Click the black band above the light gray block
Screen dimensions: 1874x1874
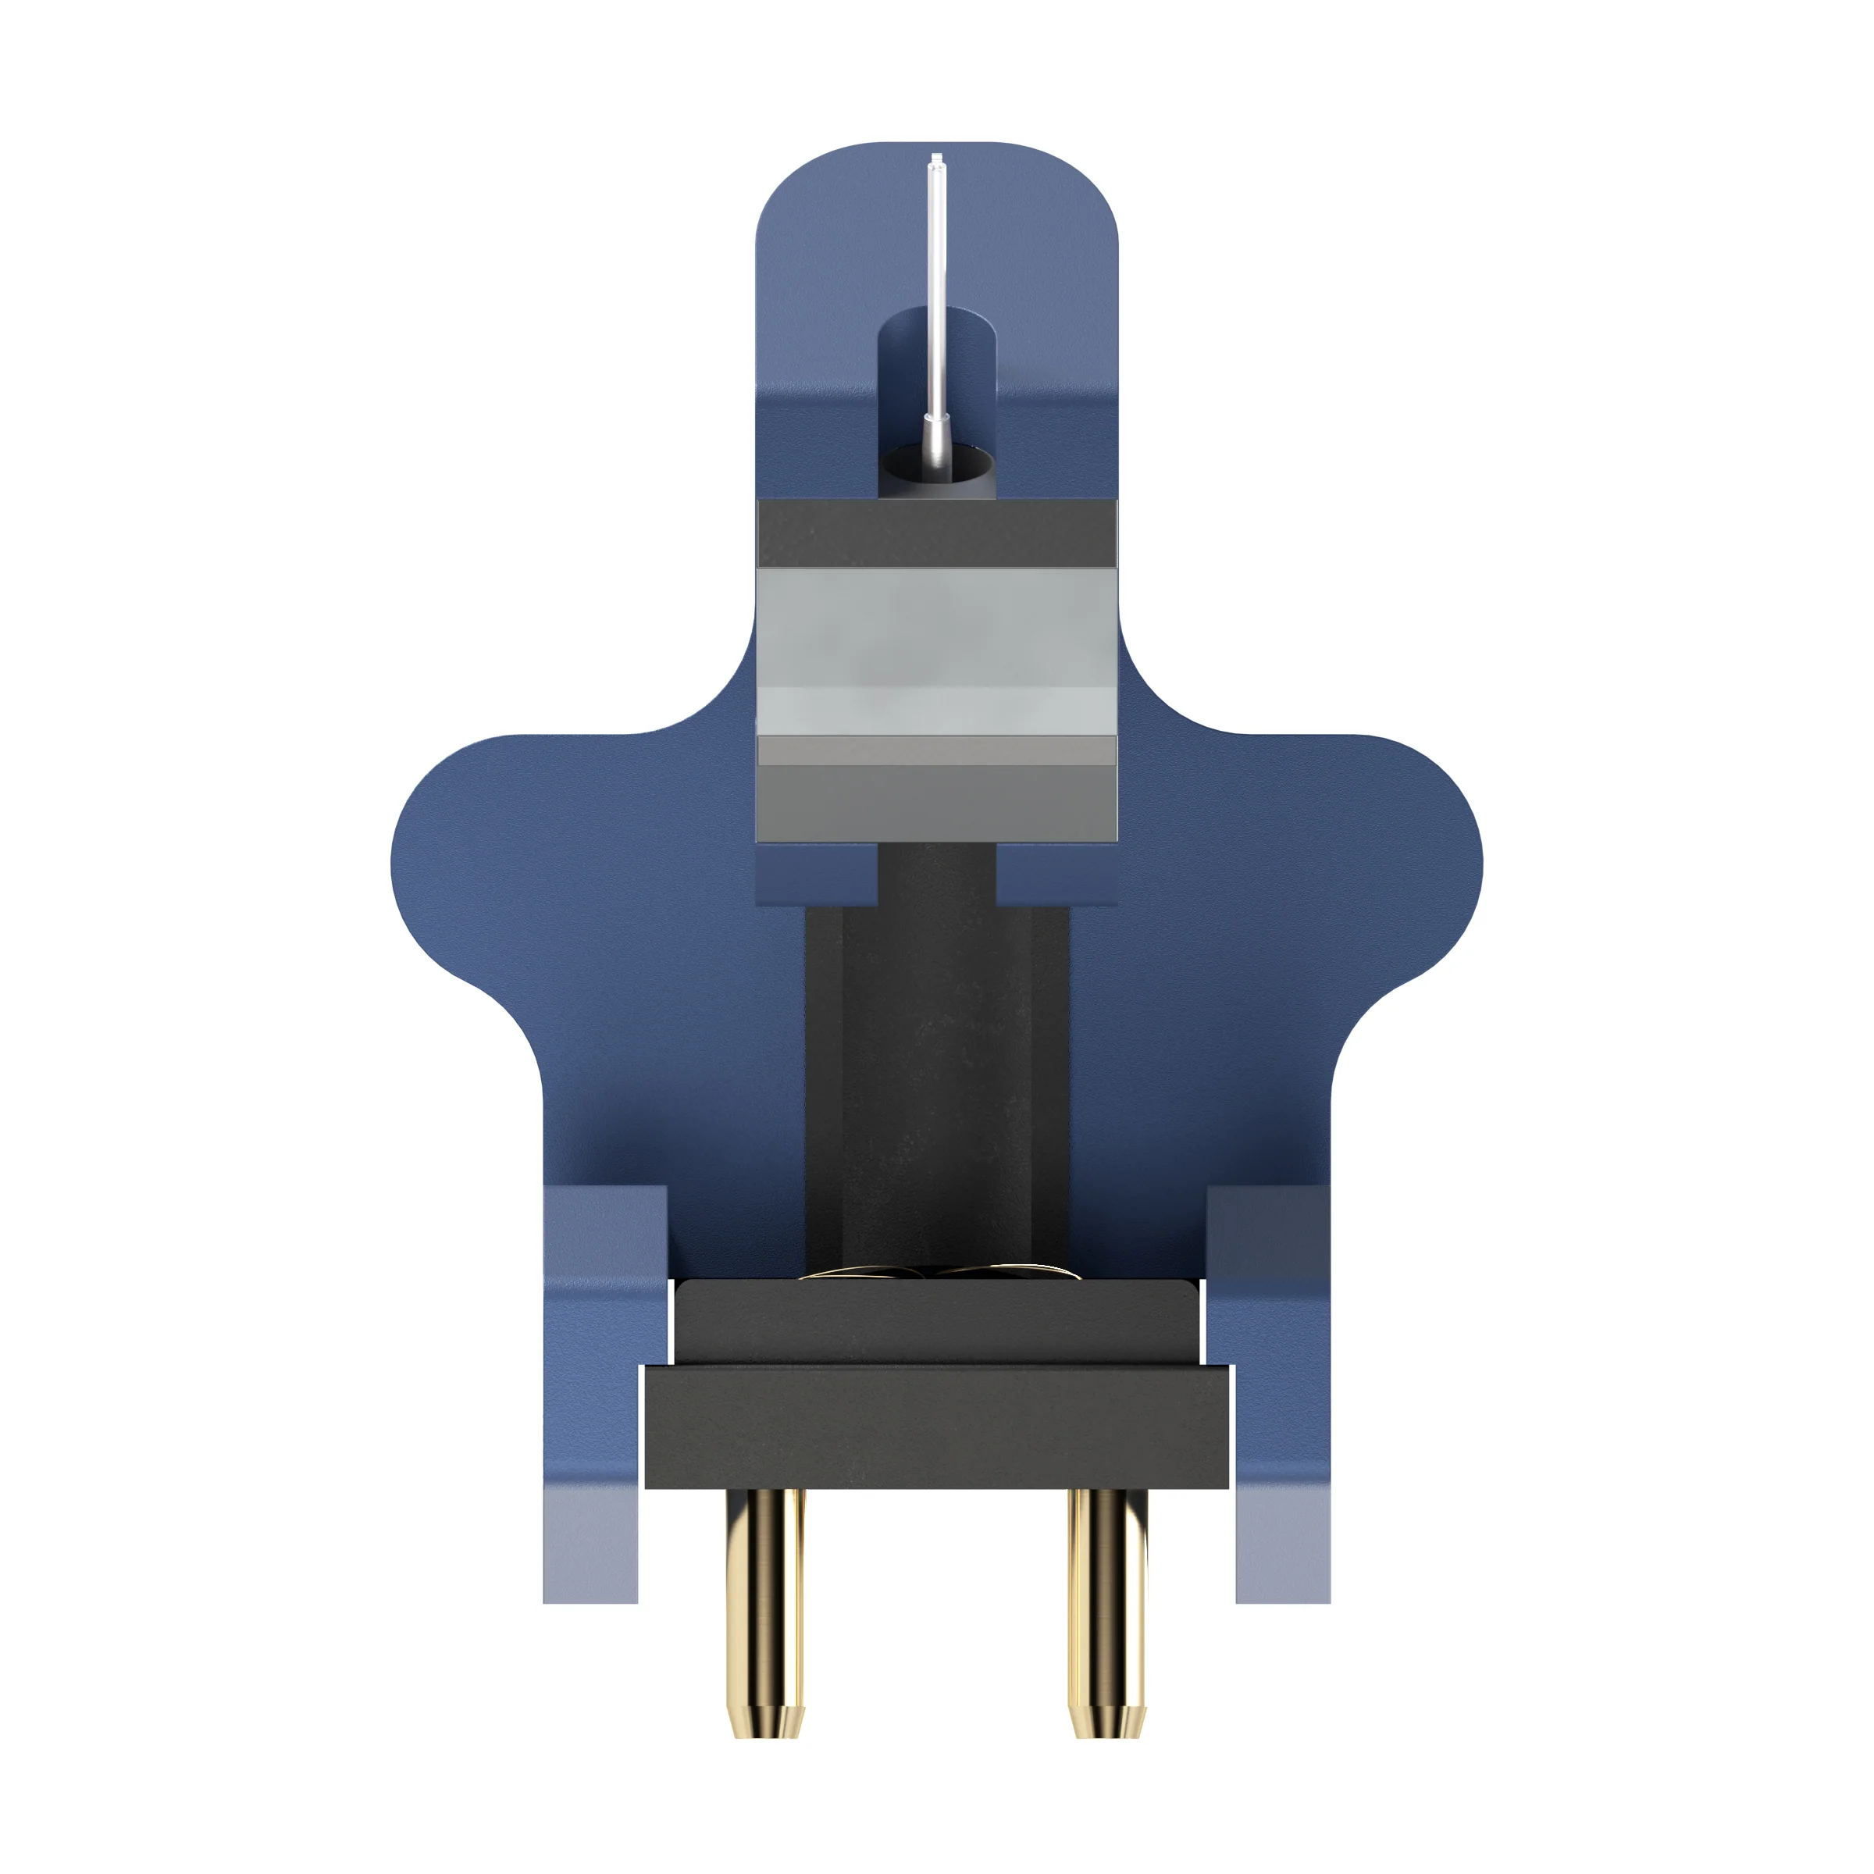coord(936,533)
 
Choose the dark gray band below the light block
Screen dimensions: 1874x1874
coord(936,800)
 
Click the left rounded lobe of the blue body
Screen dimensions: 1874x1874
coord(485,853)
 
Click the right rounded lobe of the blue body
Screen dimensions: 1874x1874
coord(1387,853)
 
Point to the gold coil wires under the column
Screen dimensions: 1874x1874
coord(936,1272)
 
